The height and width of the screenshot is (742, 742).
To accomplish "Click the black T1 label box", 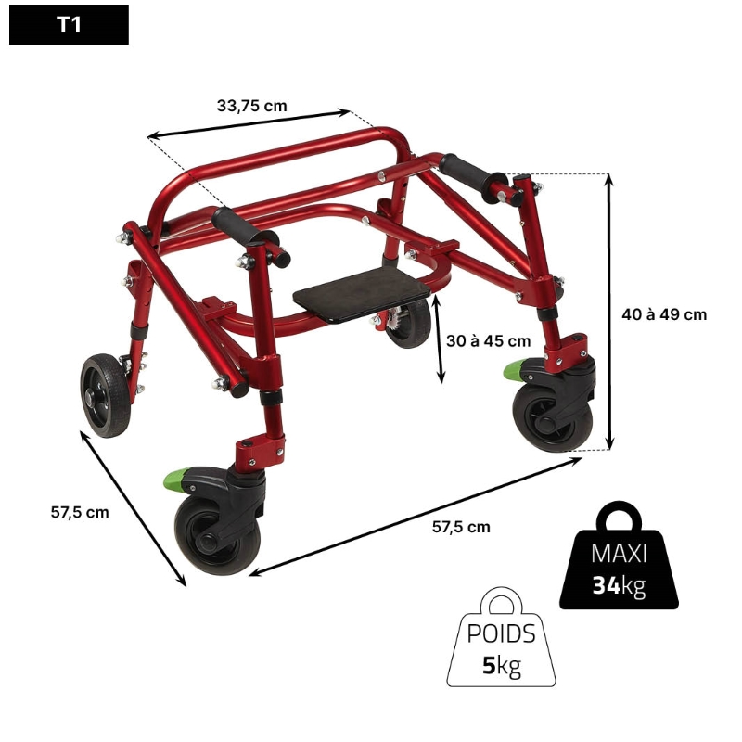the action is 69,25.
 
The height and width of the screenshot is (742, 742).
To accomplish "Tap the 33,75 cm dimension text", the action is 251,106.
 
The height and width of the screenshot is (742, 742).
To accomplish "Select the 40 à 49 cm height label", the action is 664,314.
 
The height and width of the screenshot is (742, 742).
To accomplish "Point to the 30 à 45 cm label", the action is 489,340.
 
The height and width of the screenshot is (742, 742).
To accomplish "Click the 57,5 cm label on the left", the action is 80,512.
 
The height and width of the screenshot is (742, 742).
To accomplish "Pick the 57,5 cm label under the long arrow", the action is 461,527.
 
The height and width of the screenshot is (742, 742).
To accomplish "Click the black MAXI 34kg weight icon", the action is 619,556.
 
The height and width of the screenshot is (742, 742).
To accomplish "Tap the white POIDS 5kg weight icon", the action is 501,637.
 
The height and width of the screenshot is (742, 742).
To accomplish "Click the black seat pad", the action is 362,293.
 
